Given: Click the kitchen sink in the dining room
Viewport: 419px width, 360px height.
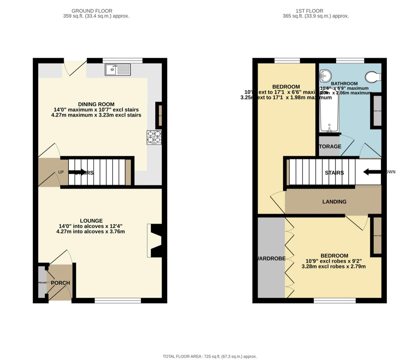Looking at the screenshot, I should click(118, 70).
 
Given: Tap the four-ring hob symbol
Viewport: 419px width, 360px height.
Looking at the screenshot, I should click(154, 137).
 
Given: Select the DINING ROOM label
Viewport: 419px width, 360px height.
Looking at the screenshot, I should click(96, 104).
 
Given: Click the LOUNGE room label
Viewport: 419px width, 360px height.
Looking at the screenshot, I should click(91, 221).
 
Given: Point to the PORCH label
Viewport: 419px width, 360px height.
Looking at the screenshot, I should click(60, 283).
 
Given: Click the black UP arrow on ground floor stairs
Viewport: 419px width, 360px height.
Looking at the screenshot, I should click(77, 172).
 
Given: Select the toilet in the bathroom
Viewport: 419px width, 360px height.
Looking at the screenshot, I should click(373, 77).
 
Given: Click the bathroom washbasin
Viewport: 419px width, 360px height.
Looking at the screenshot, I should click(324, 76).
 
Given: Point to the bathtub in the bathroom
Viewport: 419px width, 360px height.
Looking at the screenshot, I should click(329, 112).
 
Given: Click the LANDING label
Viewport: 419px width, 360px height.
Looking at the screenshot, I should click(334, 202).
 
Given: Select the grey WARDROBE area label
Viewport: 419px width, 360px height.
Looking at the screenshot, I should click(271, 258).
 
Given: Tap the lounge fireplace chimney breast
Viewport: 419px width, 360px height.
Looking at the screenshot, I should click(156, 240).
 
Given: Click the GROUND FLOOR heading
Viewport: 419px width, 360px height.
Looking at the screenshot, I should click(92, 11).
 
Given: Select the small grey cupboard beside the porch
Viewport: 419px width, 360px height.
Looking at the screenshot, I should click(42, 282).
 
